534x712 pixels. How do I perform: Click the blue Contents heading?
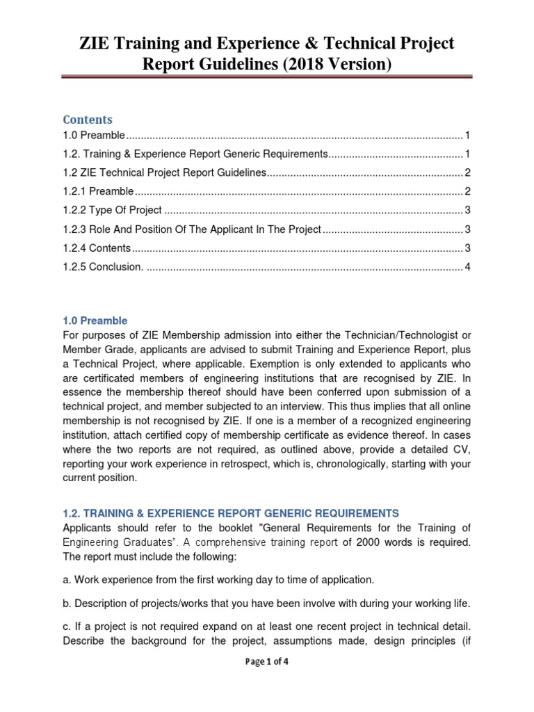pyautogui.click(x=87, y=120)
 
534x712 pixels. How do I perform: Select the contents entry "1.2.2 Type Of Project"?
pyautogui.click(x=112, y=210)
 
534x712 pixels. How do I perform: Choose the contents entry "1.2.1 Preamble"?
pyautogui.click(x=97, y=191)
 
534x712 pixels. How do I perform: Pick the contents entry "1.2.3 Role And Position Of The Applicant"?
pyautogui.click(x=192, y=229)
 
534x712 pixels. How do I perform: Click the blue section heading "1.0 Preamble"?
pyautogui.click(x=95, y=321)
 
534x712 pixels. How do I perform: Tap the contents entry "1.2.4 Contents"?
pyautogui.click(x=97, y=248)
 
